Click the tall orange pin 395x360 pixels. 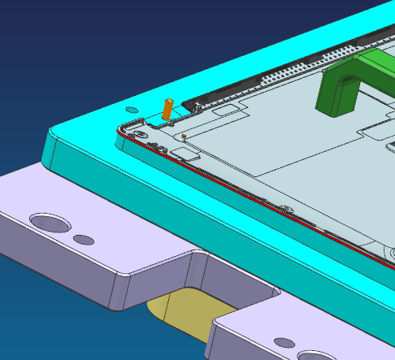[x=168, y=110]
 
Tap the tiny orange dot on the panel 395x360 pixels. [x=184, y=136]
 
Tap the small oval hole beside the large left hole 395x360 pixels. [x=83, y=240]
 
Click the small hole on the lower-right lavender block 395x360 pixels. [x=284, y=342]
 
